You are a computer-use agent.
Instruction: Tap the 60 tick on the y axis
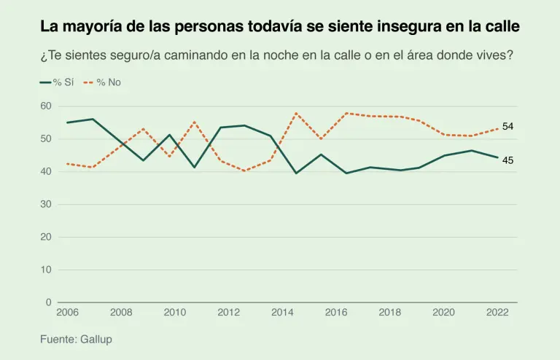(45, 106)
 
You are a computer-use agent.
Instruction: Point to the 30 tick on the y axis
(45, 204)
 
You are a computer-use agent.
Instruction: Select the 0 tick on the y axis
(48, 302)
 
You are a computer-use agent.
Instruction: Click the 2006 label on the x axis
(67, 313)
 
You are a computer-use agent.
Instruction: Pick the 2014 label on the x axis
(282, 313)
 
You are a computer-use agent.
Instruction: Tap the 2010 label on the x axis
(175, 313)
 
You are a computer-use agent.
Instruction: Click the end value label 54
(508, 127)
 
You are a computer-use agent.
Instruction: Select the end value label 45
(508, 160)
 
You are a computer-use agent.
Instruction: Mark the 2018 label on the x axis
(390, 313)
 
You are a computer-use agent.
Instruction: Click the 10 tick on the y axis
(45, 270)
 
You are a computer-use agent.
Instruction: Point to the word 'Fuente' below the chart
(57, 340)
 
